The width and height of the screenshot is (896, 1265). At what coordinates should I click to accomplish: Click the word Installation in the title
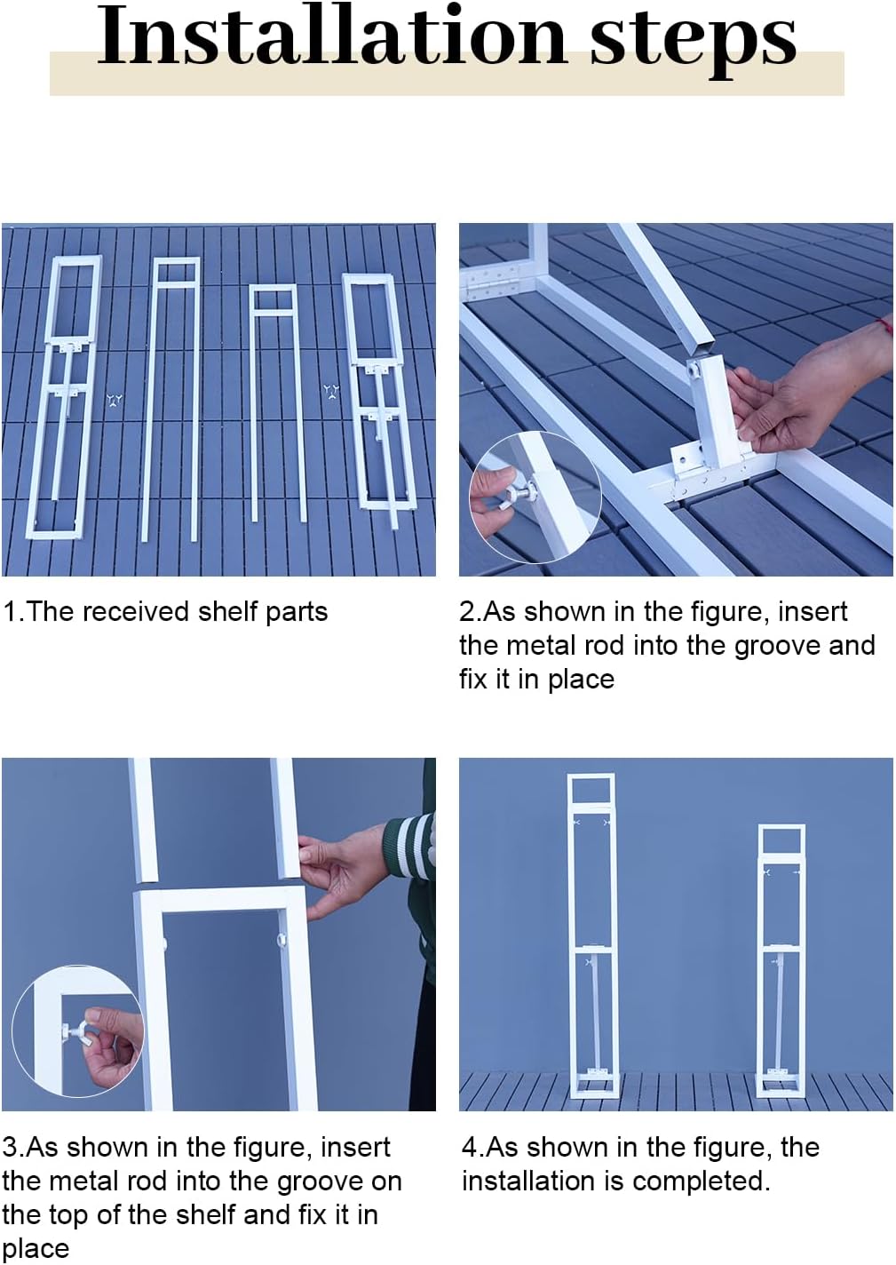332,36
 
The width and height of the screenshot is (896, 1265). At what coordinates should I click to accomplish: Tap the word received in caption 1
136,611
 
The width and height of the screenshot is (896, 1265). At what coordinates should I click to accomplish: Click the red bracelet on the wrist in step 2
885,326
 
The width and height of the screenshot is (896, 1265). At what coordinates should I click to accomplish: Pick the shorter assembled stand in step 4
781,961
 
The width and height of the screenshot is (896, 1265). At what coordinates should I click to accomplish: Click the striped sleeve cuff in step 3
409,846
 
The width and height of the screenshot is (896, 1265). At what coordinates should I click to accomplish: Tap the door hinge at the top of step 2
489,282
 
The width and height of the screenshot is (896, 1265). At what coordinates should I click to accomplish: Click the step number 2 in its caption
466,612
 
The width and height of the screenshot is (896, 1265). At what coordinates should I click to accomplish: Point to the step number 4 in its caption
470,1148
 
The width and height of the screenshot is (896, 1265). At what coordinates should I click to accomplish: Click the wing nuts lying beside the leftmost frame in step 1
115,401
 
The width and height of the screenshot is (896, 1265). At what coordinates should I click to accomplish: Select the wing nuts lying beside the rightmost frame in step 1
331,392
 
